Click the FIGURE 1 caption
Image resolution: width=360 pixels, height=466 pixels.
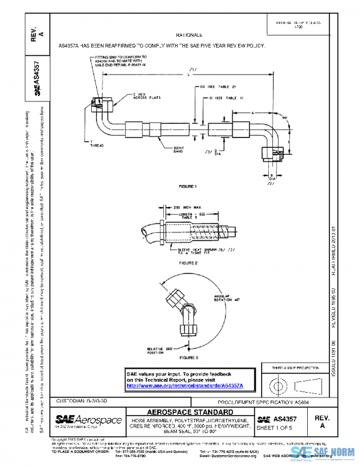pyautogui.click(x=188, y=187)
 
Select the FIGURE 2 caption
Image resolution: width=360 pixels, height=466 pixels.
pyautogui.click(x=188, y=263)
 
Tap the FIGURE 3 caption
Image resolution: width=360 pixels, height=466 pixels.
pyautogui.click(x=188, y=357)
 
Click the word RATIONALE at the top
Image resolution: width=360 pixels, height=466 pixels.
pyautogui.click(x=189, y=36)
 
